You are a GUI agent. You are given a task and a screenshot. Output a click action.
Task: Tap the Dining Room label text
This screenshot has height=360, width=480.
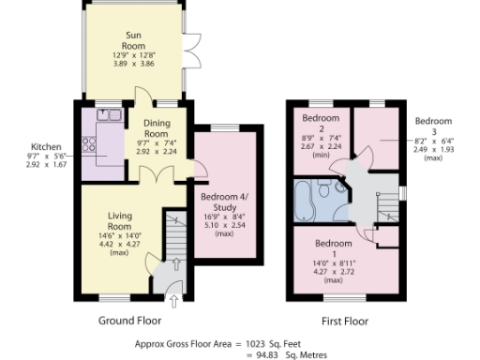156,128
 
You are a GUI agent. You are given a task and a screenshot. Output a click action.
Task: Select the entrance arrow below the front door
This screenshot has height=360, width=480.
173,299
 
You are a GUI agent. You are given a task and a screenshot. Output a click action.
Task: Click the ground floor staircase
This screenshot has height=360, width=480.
174,234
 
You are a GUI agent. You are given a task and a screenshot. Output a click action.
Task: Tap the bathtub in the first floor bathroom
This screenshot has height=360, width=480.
306,200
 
